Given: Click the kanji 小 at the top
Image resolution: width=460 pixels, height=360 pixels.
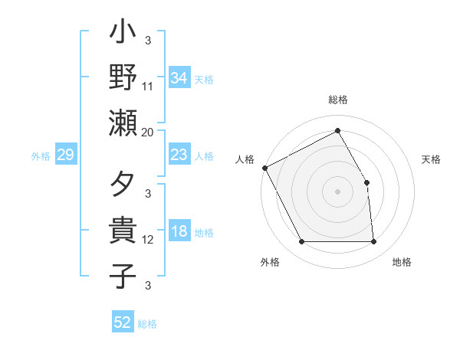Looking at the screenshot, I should coord(123,34).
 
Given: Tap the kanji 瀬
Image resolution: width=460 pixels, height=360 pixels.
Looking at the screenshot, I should coord(123,123).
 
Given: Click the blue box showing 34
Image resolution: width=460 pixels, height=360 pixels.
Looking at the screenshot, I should coord(179,77).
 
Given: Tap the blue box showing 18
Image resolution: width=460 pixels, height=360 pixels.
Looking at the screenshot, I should coord(179,232).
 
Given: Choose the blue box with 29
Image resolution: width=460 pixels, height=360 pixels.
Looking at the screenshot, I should coord(66,155).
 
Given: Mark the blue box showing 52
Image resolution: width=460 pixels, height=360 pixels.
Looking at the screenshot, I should coord(123,322).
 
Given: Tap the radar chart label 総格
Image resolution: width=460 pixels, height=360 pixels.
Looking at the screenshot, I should coord(337,100).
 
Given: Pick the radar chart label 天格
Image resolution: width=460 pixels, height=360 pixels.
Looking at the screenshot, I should coord(431,159).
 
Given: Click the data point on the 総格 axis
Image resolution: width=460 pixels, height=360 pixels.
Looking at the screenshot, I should coord(337,130).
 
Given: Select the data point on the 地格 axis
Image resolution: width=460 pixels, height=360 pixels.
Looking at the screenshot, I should coord(373,241).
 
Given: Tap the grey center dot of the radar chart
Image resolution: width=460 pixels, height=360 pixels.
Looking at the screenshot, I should coord(337,191).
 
